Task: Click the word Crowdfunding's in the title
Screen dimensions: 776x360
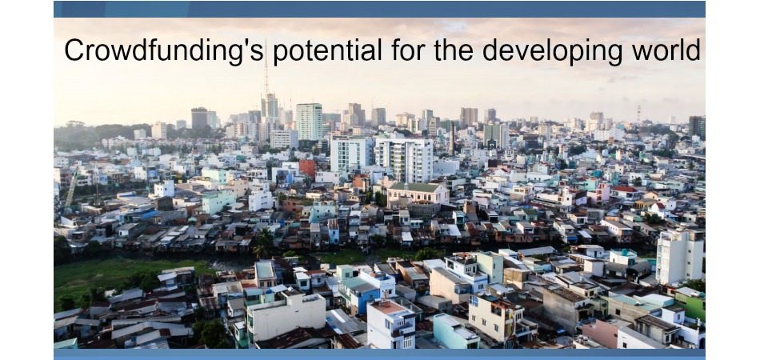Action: point(164,51)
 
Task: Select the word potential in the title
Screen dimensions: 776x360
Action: point(327,51)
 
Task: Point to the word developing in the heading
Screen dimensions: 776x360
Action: point(552,51)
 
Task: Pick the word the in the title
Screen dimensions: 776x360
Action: point(454,50)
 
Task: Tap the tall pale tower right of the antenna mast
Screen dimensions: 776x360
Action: point(310,122)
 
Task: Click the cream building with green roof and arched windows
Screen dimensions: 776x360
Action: point(418,194)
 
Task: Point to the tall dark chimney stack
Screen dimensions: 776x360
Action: point(452,138)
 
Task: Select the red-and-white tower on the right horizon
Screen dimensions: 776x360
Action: point(639,114)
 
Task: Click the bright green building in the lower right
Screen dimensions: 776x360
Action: point(690,304)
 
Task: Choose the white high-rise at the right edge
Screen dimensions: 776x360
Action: point(680,256)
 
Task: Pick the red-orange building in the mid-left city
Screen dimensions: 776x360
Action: point(307,168)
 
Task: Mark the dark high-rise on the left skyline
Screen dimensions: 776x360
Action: point(199,119)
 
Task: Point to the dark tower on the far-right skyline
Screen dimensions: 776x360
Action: point(697,126)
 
